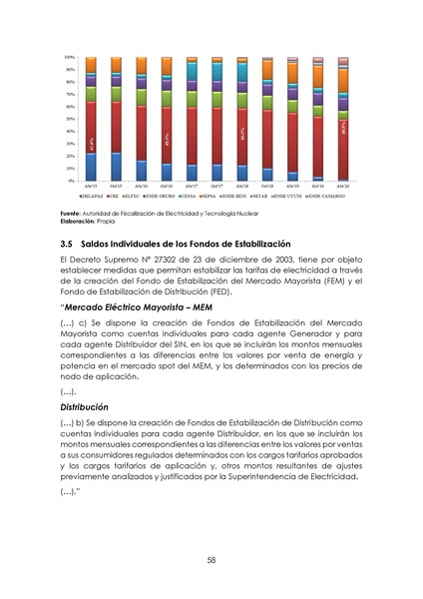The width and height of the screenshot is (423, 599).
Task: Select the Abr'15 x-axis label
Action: point(91,187)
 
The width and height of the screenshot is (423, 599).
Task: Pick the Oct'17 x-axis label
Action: point(216,187)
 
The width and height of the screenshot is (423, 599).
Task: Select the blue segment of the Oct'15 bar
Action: point(116,166)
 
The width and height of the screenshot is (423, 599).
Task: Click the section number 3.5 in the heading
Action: point(68,244)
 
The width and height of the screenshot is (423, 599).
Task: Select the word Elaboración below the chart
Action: point(78,222)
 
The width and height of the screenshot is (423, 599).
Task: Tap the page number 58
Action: point(211,560)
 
